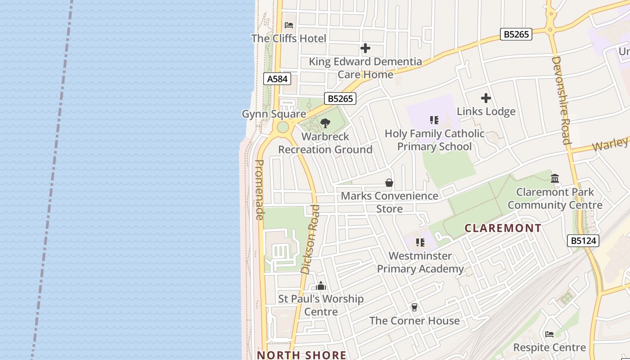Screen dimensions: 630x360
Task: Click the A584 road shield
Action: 277,79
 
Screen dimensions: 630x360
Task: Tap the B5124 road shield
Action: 584,241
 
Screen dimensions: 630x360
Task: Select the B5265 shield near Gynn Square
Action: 340,99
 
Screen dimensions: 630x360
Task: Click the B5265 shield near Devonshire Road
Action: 516,34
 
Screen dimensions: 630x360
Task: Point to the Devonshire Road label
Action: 561,100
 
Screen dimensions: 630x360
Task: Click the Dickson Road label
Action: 310,239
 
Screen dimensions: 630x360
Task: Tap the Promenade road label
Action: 259,189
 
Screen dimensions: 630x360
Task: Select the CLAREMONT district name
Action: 503,228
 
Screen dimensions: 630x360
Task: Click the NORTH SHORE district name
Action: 301,355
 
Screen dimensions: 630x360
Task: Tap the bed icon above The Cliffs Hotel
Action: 289,25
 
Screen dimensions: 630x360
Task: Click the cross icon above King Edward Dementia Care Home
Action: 365,48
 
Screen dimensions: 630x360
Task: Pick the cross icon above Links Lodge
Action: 486,98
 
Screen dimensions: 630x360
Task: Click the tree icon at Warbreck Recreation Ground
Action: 325,123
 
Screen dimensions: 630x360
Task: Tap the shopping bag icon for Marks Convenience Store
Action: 389,183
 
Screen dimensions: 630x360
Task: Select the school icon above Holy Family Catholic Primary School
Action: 434,120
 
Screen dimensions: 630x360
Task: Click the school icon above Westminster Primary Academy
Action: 420,243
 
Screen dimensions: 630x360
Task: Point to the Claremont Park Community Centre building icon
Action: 555,179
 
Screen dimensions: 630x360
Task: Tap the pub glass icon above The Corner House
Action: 414,307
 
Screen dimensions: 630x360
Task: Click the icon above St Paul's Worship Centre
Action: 321,286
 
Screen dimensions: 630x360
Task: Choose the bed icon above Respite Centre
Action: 549,334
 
